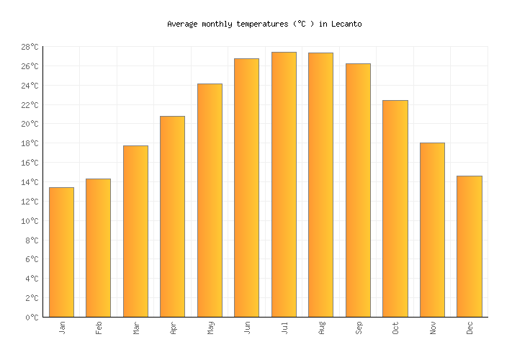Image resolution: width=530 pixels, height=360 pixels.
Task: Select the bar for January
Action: tap(61, 252)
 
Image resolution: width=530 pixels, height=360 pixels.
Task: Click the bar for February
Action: tap(98, 248)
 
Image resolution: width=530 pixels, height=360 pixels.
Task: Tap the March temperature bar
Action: tap(135, 231)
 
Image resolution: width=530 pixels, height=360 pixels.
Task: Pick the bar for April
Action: tap(172, 216)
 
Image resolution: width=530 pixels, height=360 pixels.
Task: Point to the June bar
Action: tap(246, 187)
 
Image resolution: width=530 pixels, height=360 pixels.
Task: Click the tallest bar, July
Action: tap(284, 184)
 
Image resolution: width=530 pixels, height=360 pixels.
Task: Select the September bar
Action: tap(358, 190)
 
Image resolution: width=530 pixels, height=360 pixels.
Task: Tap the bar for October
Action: tap(395, 209)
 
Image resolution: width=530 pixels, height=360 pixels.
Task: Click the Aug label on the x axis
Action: tap(321, 328)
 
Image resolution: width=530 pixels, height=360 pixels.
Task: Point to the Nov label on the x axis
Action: tap(432, 328)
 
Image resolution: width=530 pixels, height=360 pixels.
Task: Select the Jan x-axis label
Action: tap(62, 328)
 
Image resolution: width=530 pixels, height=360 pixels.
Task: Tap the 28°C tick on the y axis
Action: tap(30, 47)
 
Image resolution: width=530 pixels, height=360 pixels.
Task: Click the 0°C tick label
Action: tap(32, 317)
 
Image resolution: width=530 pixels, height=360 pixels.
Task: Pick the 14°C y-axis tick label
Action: tap(30, 182)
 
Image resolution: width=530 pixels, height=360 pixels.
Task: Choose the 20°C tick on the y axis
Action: tap(30, 124)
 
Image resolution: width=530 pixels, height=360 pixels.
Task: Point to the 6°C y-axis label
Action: tap(32, 259)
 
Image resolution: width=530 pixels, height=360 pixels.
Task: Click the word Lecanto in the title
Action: tap(346, 24)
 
